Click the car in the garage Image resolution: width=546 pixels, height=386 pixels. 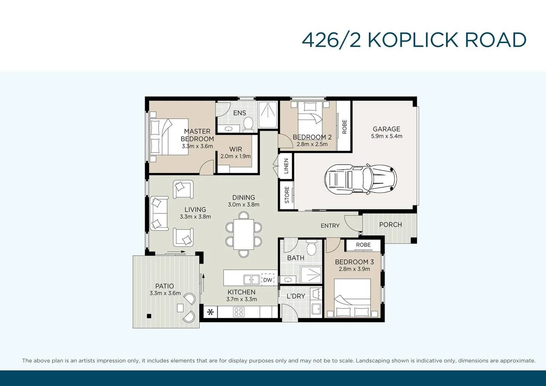(x=360, y=178)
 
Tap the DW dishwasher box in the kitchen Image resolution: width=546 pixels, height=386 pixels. (x=268, y=280)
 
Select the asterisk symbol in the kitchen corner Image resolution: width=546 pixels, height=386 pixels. (x=210, y=312)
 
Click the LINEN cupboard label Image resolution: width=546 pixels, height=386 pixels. (x=286, y=166)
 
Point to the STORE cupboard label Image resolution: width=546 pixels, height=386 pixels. (x=287, y=195)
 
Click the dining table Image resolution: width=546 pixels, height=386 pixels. (x=244, y=234)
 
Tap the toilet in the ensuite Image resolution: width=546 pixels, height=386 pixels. (x=248, y=123)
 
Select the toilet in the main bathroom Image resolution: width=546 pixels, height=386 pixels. (x=311, y=248)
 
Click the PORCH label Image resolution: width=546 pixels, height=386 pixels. (x=391, y=225)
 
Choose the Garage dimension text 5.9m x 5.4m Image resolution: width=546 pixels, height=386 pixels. (x=387, y=136)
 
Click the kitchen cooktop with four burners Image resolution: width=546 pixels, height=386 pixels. (x=239, y=312)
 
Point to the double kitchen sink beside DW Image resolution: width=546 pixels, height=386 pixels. (x=251, y=280)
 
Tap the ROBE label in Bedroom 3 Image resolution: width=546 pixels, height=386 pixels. (x=363, y=245)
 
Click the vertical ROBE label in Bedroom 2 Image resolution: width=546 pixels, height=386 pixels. (x=344, y=127)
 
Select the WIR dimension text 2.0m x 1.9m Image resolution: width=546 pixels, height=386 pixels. (x=236, y=156)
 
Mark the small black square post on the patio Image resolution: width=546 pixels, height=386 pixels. (x=149, y=316)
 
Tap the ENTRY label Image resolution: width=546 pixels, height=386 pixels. (x=330, y=226)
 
